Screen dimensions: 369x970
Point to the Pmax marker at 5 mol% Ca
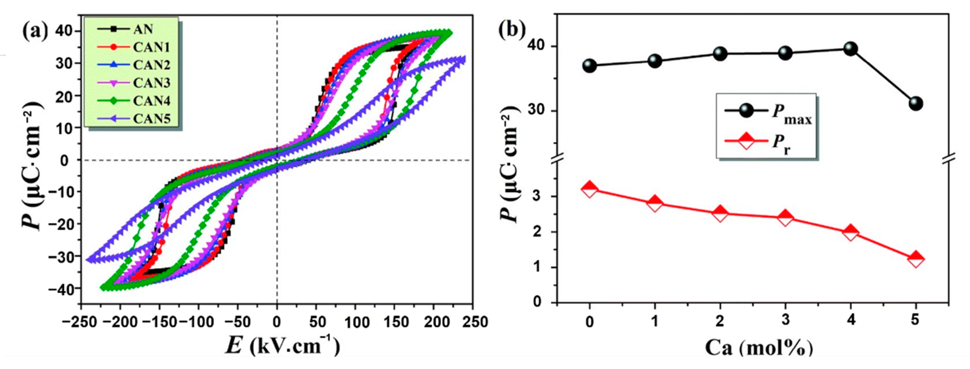[x=915, y=103]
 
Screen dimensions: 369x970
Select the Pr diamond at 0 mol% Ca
[x=590, y=189]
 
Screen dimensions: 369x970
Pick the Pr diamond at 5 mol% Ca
[x=915, y=259]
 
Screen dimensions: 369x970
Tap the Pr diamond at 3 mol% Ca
[x=785, y=218]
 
